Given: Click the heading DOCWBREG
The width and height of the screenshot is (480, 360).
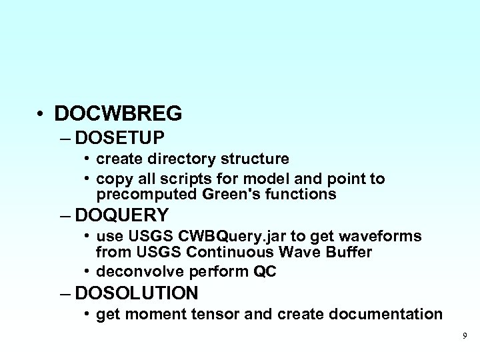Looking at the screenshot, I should [x=118, y=113].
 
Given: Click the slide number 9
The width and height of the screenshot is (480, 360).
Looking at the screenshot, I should [x=465, y=335].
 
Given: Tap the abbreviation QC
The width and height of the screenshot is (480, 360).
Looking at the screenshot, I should [x=264, y=273].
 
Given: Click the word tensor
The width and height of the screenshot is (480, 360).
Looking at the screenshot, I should [x=207, y=314].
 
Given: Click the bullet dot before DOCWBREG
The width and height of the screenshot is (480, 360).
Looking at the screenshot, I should [x=42, y=115].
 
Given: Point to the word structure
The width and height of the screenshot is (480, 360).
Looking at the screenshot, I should [x=256, y=159].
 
